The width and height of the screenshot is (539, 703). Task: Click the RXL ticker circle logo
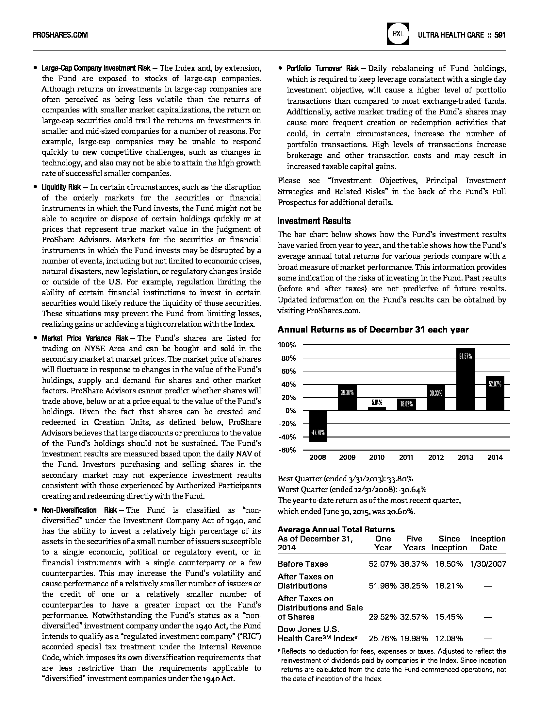pos(398,34)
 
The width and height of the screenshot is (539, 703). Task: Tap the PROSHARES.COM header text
pos(60,35)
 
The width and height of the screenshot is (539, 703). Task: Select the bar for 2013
pos(465,379)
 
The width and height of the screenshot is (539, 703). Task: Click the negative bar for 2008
pos(318,426)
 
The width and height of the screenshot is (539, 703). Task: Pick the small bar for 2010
pos(377,409)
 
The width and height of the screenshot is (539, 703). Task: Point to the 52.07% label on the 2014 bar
pos(495,385)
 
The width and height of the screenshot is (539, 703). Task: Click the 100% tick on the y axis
pos(287,345)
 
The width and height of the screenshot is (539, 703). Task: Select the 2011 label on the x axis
pos(406,457)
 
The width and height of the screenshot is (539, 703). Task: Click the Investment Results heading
pos(314,221)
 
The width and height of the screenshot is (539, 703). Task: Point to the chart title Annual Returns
pos(373,330)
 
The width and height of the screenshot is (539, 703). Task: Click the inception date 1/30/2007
pos(488,564)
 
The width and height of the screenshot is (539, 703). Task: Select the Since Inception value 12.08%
pos(449,639)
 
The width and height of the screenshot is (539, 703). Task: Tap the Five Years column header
pos(414,543)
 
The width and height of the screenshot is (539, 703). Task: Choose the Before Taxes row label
pos(302,564)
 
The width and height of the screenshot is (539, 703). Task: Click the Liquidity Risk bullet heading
pos(61,187)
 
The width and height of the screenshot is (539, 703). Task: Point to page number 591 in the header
pos(500,35)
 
